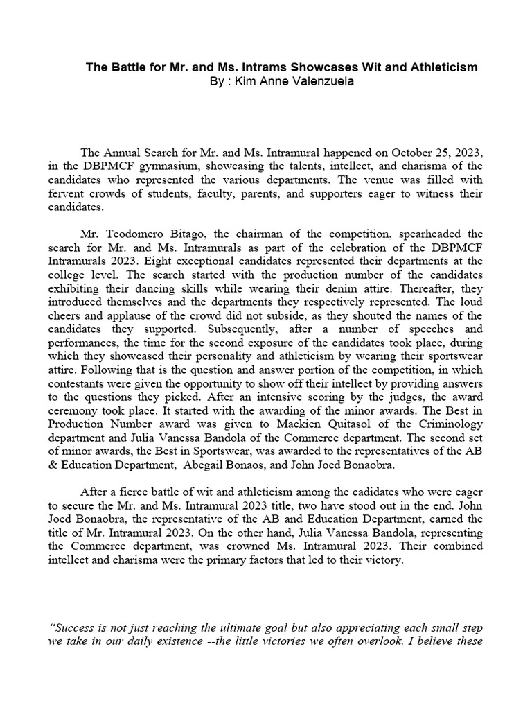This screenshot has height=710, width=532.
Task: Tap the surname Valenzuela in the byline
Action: (313, 81)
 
